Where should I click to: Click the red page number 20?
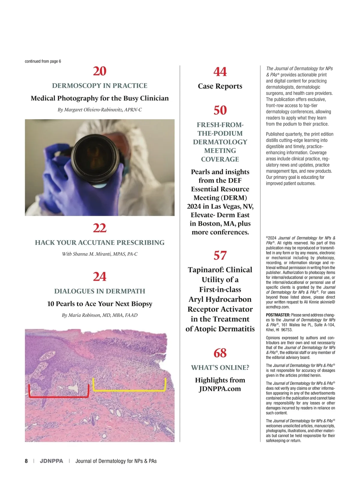coord(100,71)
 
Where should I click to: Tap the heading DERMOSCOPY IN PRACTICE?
coord(100,86)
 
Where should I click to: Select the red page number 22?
coord(100,228)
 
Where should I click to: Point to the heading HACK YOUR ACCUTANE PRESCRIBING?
coord(100,243)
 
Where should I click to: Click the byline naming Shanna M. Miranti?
coord(100,254)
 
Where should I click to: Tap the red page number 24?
coord(100,276)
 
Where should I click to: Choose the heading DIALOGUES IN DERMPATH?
coord(100,291)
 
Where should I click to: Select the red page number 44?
coord(220,72)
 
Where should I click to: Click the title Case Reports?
coord(220,86)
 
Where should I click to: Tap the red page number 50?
coord(220,110)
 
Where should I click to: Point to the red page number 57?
coord(220,255)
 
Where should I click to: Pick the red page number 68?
coord(220,353)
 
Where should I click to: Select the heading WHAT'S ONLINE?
coord(220,368)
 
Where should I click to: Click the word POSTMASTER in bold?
coord(278,315)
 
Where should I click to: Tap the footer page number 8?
coord(26,461)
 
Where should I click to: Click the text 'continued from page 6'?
coord(43,61)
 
